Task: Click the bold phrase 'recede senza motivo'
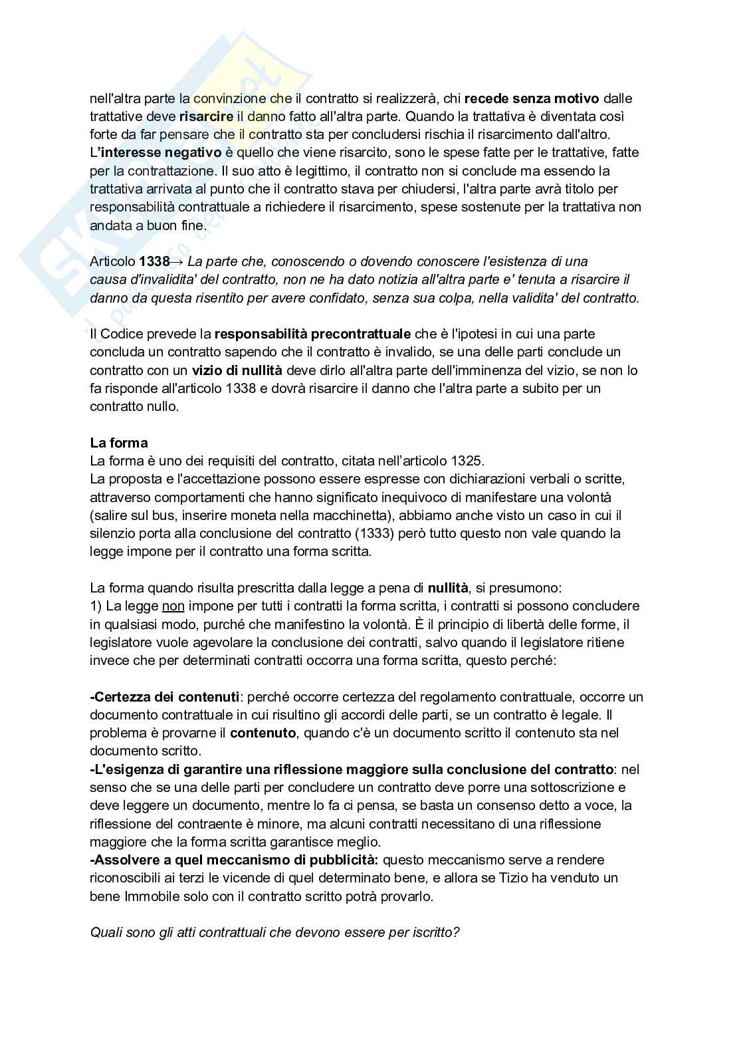coord(532,98)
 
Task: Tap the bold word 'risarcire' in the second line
coord(206,116)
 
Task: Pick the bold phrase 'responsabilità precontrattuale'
coord(312,334)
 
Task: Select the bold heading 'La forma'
coord(119,443)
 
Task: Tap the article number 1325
coord(468,461)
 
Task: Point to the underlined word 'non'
coord(173,606)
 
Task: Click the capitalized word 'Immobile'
coord(149,896)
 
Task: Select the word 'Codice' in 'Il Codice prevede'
coord(121,334)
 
